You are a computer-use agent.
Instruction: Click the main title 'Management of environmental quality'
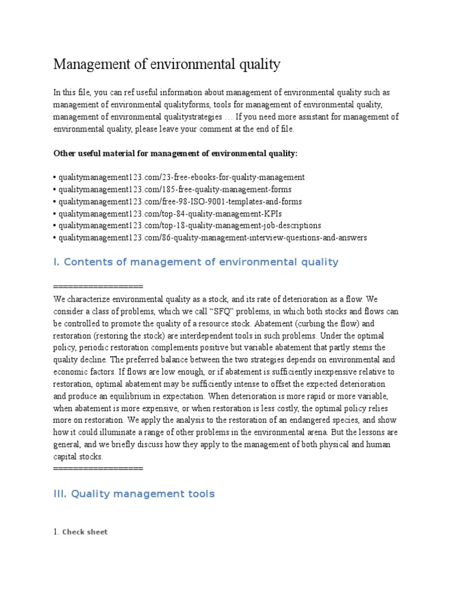(167, 64)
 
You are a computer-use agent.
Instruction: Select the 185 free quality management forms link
(174, 189)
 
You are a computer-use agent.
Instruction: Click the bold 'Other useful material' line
(176, 153)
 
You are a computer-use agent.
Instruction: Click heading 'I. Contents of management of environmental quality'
(196, 262)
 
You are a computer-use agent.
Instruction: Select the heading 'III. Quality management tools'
(134, 494)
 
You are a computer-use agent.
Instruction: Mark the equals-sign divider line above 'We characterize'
(98, 286)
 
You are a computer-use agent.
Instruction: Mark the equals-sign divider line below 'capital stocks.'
(98, 468)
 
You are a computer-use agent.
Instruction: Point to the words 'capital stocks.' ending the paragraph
(78, 457)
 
